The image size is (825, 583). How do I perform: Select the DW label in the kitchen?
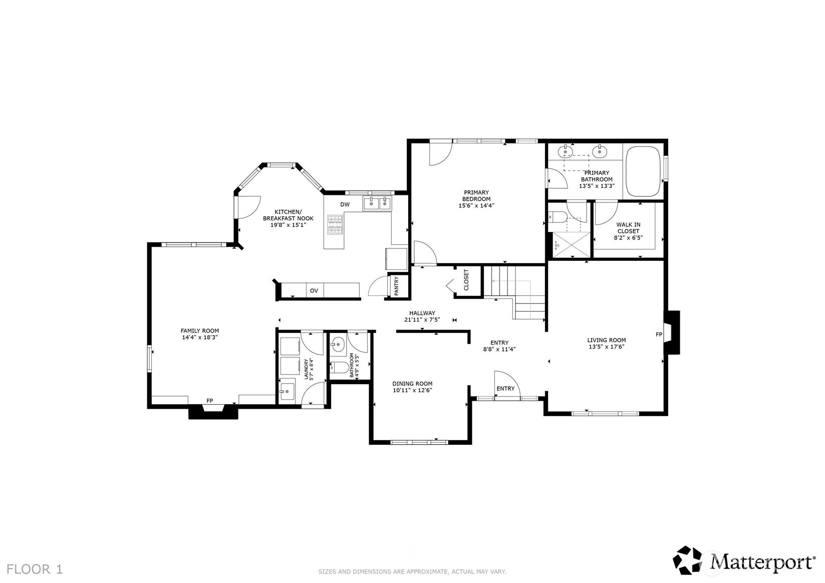[345, 204]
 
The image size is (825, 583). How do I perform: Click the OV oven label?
[314, 290]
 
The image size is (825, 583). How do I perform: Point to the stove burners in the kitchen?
[335, 224]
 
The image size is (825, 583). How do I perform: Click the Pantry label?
[396, 286]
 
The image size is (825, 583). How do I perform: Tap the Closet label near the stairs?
[466, 280]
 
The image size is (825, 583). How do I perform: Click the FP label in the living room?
[659, 334]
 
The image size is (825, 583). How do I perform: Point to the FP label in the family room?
[209, 401]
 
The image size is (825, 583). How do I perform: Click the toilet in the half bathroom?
[340, 367]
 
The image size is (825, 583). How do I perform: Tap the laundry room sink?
[287, 390]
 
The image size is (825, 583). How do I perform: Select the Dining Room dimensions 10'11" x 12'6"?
[412, 390]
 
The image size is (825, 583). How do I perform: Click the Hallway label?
[422, 313]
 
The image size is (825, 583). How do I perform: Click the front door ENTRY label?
[505, 389]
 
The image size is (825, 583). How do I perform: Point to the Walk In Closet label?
[628, 228]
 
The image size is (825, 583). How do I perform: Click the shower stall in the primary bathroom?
[570, 245]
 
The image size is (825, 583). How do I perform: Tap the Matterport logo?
[743, 560]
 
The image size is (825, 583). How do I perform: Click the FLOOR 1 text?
[35, 569]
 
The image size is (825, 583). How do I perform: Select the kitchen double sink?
[378, 203]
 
